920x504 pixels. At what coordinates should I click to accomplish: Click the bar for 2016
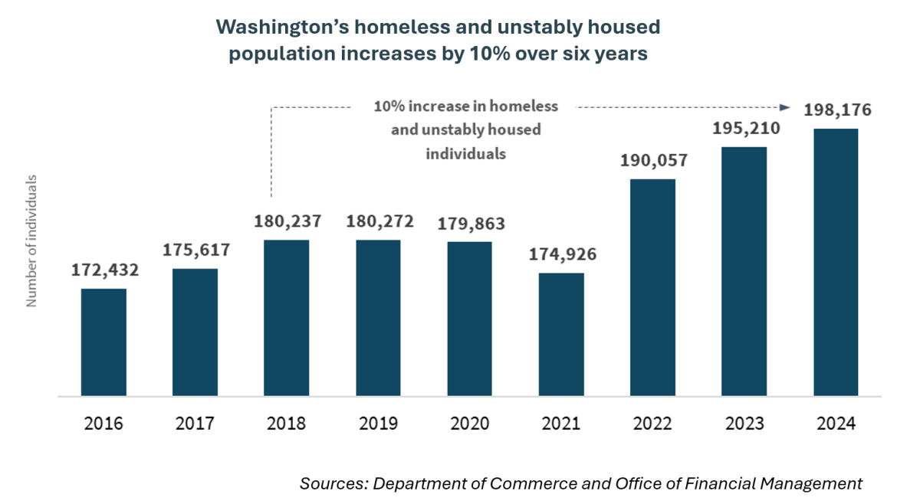103,342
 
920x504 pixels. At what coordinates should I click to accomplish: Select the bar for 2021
561,335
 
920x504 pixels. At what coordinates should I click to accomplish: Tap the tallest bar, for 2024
836,262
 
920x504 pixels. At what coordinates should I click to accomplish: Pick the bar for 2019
378,318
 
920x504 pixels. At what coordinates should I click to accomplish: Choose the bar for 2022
652,287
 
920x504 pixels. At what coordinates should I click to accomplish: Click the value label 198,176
836,110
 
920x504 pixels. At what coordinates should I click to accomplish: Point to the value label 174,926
562,254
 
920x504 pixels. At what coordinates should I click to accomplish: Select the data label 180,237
287,221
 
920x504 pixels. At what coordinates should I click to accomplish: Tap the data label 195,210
744,128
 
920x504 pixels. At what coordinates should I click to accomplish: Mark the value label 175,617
195,250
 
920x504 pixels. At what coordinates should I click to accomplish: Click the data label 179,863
469,224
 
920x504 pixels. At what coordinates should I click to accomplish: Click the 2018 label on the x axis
287,424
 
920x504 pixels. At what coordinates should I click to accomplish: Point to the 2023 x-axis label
744,424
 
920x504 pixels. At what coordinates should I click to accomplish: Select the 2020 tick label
469,424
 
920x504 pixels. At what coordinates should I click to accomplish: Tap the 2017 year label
195,424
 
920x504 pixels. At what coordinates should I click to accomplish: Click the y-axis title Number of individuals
32,241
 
